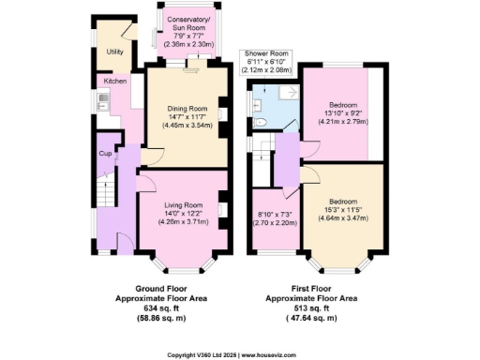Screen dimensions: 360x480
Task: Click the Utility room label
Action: pos(115,52)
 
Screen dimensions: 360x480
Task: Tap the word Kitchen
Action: pos(115,82)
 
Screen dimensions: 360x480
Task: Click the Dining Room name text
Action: pos(187,108)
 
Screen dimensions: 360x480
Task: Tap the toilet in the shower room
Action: pos(264,122)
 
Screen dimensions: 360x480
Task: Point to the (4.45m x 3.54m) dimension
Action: pos(187,125)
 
